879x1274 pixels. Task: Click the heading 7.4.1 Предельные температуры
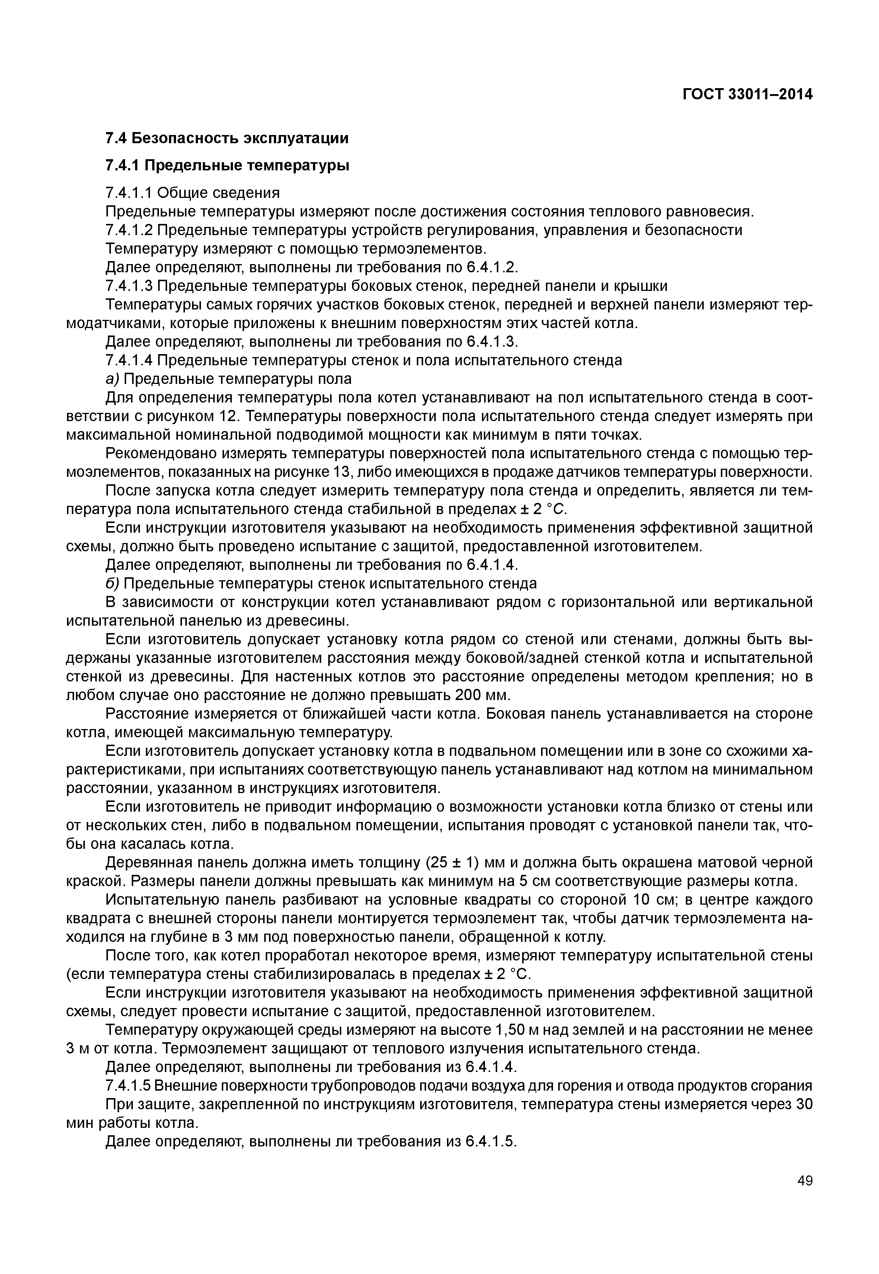click(227, 165)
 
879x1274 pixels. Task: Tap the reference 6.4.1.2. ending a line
click(493, 267)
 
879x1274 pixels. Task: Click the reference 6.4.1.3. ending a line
click(493, 342)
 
